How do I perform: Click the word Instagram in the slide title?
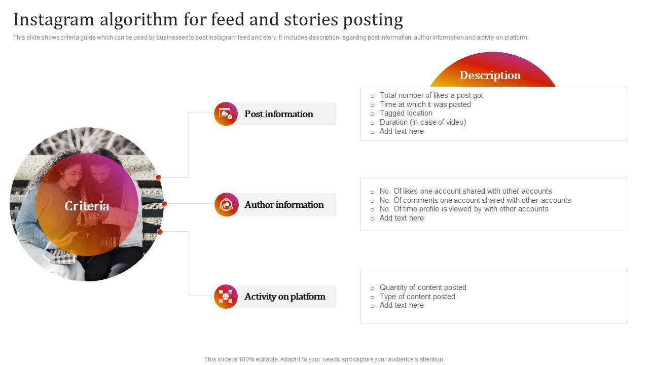pos(54,20)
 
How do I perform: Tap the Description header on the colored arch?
pos(490,75)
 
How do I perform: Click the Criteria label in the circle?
pos(87,206)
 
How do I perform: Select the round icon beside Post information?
pos(226,114)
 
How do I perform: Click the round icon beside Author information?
pos(226,204)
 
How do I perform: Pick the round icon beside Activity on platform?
pos(226,296)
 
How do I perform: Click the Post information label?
pos(278,114)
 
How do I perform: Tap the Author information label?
pos(283,204)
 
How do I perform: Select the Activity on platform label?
pos(284,296)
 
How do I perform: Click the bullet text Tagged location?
pos(406,113)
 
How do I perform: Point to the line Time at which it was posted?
pos(425,104)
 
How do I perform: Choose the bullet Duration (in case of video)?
pos(422,122)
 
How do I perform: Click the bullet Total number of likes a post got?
pos(431,95)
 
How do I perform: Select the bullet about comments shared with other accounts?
pos(475,200)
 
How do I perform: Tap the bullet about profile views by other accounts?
pos(463,209)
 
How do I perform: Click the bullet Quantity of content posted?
pos(422,287)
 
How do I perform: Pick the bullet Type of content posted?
pos(417,297)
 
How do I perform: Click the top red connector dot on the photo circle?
pos(158,177)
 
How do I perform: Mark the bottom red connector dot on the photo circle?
pos(160,232)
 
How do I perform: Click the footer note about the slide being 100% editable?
pos(324,359)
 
